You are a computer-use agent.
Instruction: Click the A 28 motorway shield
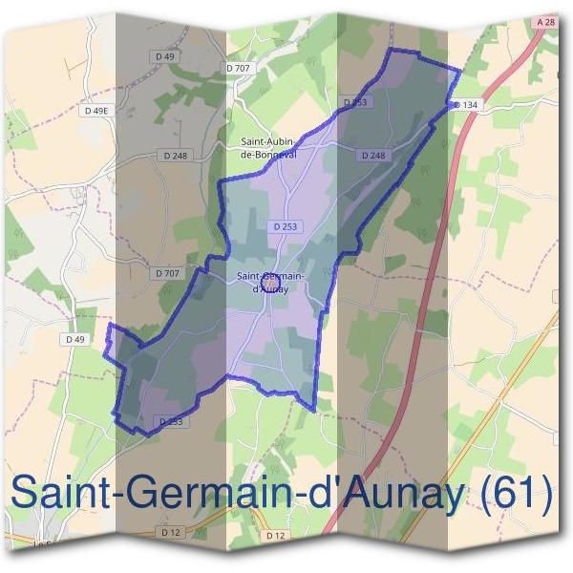[x=544, y=21]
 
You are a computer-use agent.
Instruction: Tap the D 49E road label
[x=96, y=111]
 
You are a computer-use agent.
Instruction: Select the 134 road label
[x=468, y=104]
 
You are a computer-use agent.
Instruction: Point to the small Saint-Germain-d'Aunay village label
[x=270, y=282]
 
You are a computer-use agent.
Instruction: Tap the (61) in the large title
[x=517, y=496]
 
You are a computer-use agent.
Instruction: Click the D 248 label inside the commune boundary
[x=373, y=155]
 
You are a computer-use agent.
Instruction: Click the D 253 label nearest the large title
[x=170, y=421]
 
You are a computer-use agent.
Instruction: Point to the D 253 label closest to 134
[x=354, y=101]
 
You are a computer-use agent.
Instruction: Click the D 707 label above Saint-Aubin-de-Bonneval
[x=238, y=68]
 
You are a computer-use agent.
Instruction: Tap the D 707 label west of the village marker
[x=166, y=273]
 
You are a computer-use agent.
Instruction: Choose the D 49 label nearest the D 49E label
[x=168, y=57]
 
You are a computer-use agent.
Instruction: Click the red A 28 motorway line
[x=428, y=286]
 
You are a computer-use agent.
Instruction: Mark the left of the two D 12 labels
[x=171, y=531]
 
